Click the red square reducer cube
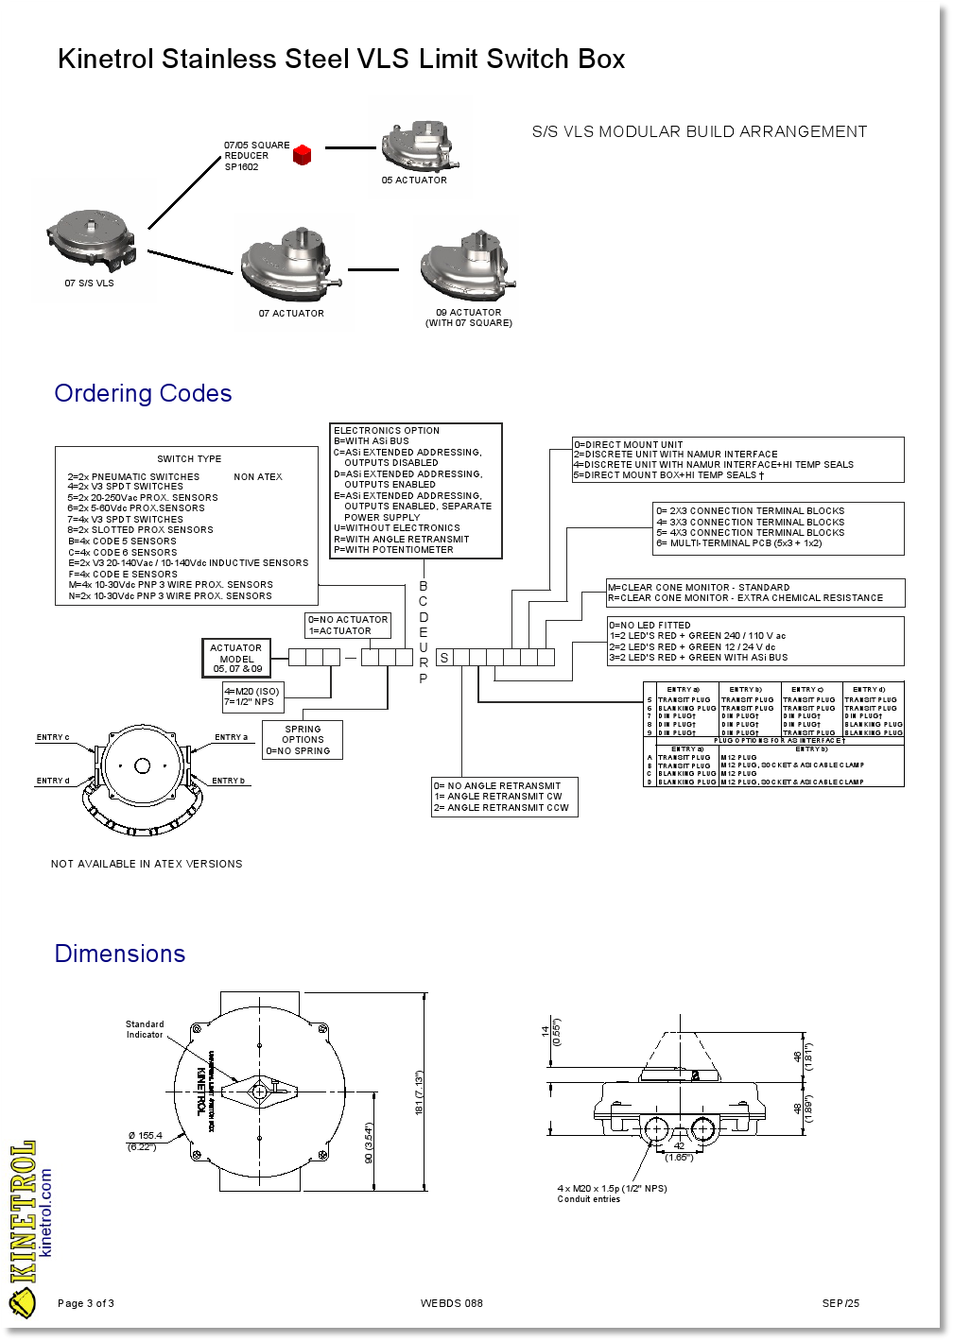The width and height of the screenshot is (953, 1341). pos(302,155)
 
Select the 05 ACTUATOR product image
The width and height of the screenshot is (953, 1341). pos(423,145)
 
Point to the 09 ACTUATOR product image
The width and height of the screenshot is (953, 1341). pos(469,265)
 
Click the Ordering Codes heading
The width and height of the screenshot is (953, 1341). pos(143,393)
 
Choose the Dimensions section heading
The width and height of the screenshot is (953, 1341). pos(120,954)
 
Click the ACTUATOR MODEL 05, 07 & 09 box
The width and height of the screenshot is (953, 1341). pos(236,658)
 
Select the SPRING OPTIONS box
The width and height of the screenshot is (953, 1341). pos(303,740)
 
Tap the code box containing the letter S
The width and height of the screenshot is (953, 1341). pos(443,658)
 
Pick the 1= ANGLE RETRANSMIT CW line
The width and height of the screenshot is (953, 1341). pos(498,797)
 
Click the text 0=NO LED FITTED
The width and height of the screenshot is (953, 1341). pos(650,626)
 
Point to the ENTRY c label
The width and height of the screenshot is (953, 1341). pos(53,737)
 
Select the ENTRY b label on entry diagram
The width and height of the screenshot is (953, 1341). pos(228,781)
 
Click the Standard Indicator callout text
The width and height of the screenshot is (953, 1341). pos(145,1029)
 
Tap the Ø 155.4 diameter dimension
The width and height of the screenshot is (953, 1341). pos(145,1136)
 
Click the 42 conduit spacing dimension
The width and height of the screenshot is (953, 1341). pos(678,1145)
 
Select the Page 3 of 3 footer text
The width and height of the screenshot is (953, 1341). pos(86,1303)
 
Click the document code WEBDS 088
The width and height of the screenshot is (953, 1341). pos(452,1303)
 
